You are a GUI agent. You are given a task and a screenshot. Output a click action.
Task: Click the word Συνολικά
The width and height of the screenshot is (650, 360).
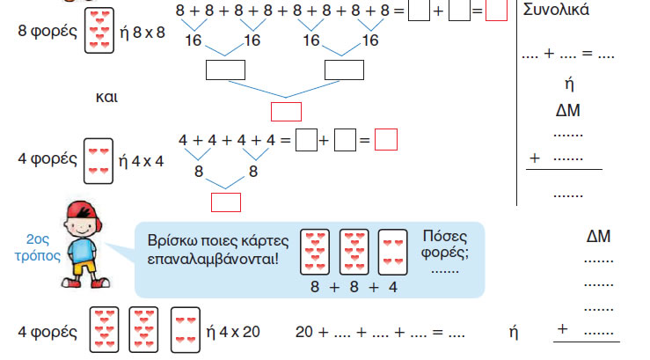click(555, 11)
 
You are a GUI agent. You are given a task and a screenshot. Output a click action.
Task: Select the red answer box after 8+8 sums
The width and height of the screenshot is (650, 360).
click(496, 12)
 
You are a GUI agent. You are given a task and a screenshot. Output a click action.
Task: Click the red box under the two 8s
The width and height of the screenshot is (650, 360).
click(226, 202)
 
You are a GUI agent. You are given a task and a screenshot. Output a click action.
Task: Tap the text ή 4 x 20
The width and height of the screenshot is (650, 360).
click(233, 332)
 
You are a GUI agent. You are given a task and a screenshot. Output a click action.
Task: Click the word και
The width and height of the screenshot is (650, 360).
click(106, 95)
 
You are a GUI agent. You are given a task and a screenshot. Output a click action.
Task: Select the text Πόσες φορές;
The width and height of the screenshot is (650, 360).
click(445, 246)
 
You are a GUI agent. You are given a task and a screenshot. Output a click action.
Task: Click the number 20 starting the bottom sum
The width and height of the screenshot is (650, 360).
click(304, 332)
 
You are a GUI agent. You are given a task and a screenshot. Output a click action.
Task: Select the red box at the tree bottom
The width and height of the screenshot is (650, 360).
click(286, 112)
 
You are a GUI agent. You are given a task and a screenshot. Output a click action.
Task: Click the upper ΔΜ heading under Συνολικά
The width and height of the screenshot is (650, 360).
click(567, 111)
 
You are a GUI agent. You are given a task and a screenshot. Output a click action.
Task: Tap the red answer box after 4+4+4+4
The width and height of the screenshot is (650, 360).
click(385, 139)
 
